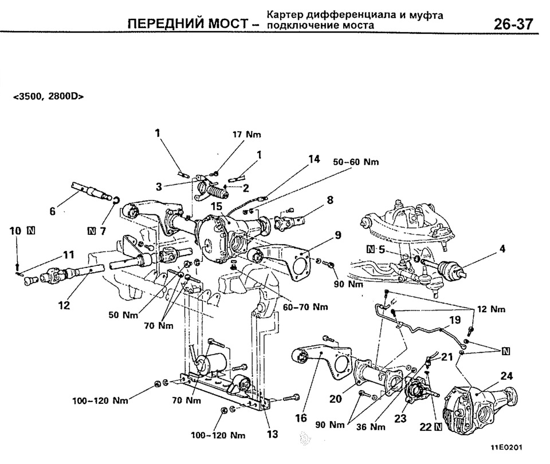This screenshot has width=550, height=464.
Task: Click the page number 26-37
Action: [x=513, y=25]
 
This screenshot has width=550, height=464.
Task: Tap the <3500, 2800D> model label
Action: [x=48, y=97]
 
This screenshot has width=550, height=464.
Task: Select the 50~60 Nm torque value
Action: [x=356, y=162]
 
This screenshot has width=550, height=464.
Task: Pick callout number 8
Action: [x=329, y=200]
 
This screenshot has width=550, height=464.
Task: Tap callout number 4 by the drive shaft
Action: [x=502, y=250]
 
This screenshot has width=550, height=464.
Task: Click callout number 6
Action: [x=53, y=211]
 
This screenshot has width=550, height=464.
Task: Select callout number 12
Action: [x=64, y=305]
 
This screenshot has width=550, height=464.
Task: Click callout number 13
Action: [x=272, y=434]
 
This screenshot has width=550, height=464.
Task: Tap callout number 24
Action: [x=506, y=376]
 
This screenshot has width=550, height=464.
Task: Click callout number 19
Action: [x=454, y=320]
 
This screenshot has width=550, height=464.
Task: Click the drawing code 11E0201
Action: [x=506, y=447]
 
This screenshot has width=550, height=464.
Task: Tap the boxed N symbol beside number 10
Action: [x=31, y=230]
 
